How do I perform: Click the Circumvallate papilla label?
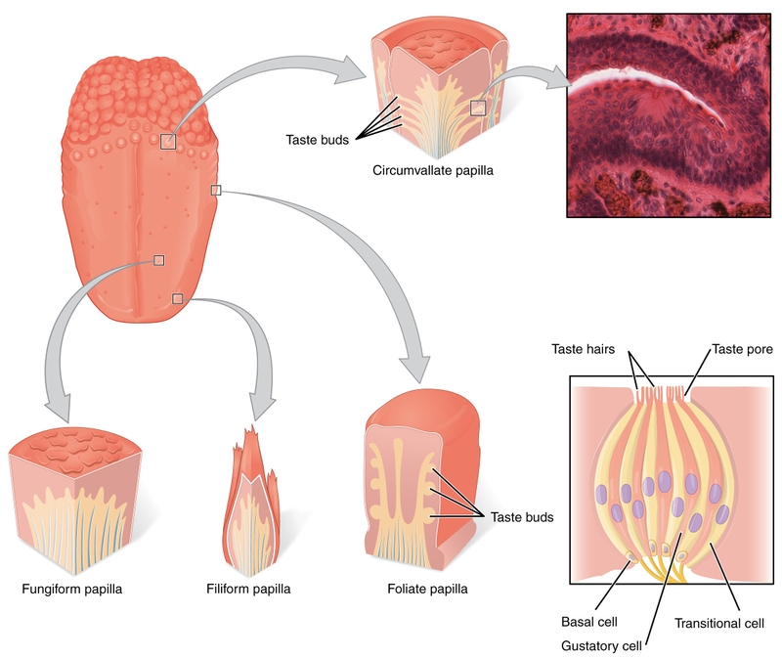pyautogui.click(x=432, y=170)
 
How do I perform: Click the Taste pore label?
pyautogui.click(x=740, y=349)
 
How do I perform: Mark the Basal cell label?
pyautogui.click(x=589, y=622)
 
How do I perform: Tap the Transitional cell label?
pyautogui.click(x=718, y=622)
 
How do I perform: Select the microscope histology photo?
pyautogui.click(x=673, y=113)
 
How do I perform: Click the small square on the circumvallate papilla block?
pyautogui.click(x=478, y=108)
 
